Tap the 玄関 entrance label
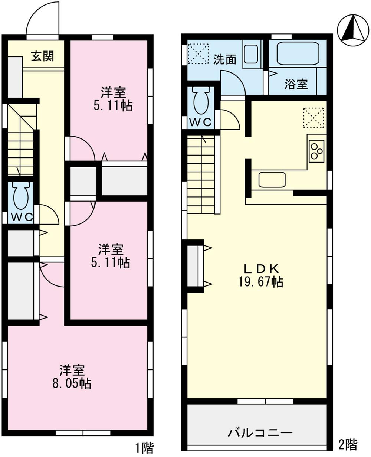(x=42, y=56)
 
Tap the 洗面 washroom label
(x=225, y=60)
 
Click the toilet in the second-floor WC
(x=201, y=100)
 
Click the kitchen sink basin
(x=272, y=180)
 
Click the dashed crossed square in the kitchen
(x=313, y=118)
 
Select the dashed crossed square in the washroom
(x=198, y=54)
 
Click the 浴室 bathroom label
(x=296, y=84)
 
